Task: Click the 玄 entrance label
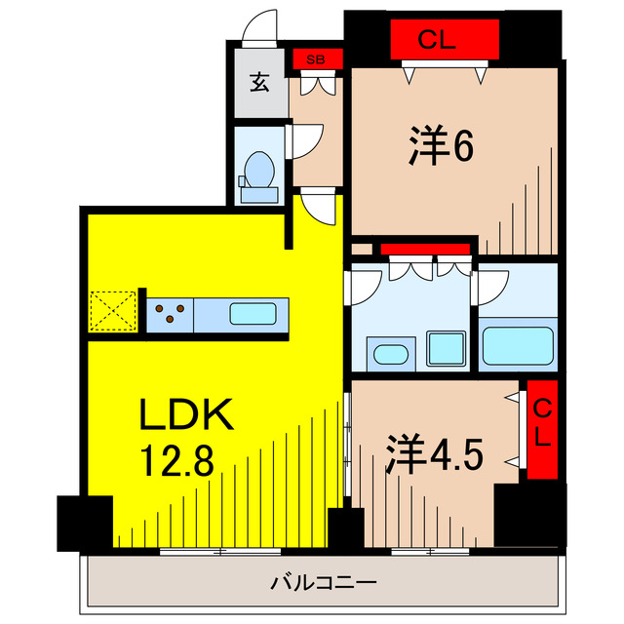pos(258,82)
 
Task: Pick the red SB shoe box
pos(318,59)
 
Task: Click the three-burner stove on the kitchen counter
pos(172,315)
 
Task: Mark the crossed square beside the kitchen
pos(112,312)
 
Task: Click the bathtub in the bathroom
pos(518,344)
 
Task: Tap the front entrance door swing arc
pos(261,27)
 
